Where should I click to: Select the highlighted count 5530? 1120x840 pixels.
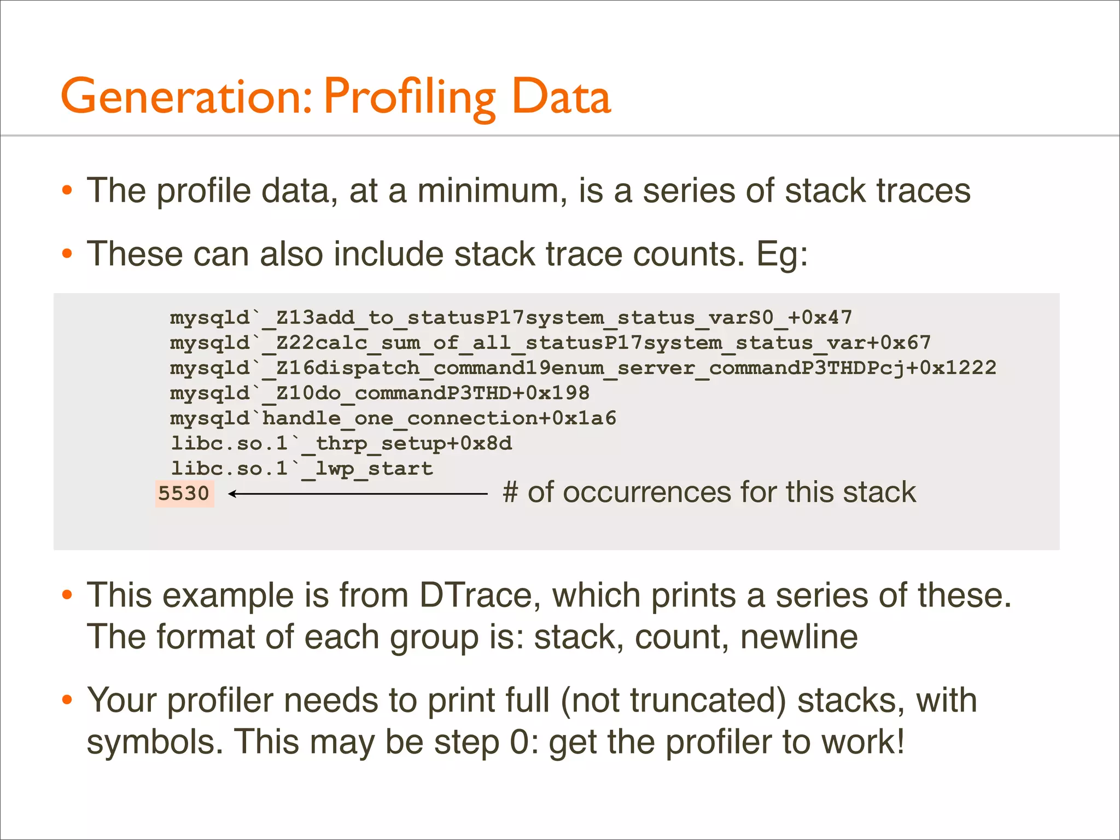click(184, 494)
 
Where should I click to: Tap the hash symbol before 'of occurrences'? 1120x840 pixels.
click(510, 492)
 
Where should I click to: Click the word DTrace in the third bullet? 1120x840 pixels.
click(475, 595)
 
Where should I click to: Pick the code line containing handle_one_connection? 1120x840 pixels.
click(393, 418)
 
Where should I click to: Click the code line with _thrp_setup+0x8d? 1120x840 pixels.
click(341, 444)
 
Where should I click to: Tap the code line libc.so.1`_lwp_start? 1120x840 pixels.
click(302, 469)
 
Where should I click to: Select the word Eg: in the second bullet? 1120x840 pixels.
click(781, 254)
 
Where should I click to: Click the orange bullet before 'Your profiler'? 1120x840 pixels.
click(67, 700)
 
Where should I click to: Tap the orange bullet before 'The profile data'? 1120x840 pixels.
click(67, 191)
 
